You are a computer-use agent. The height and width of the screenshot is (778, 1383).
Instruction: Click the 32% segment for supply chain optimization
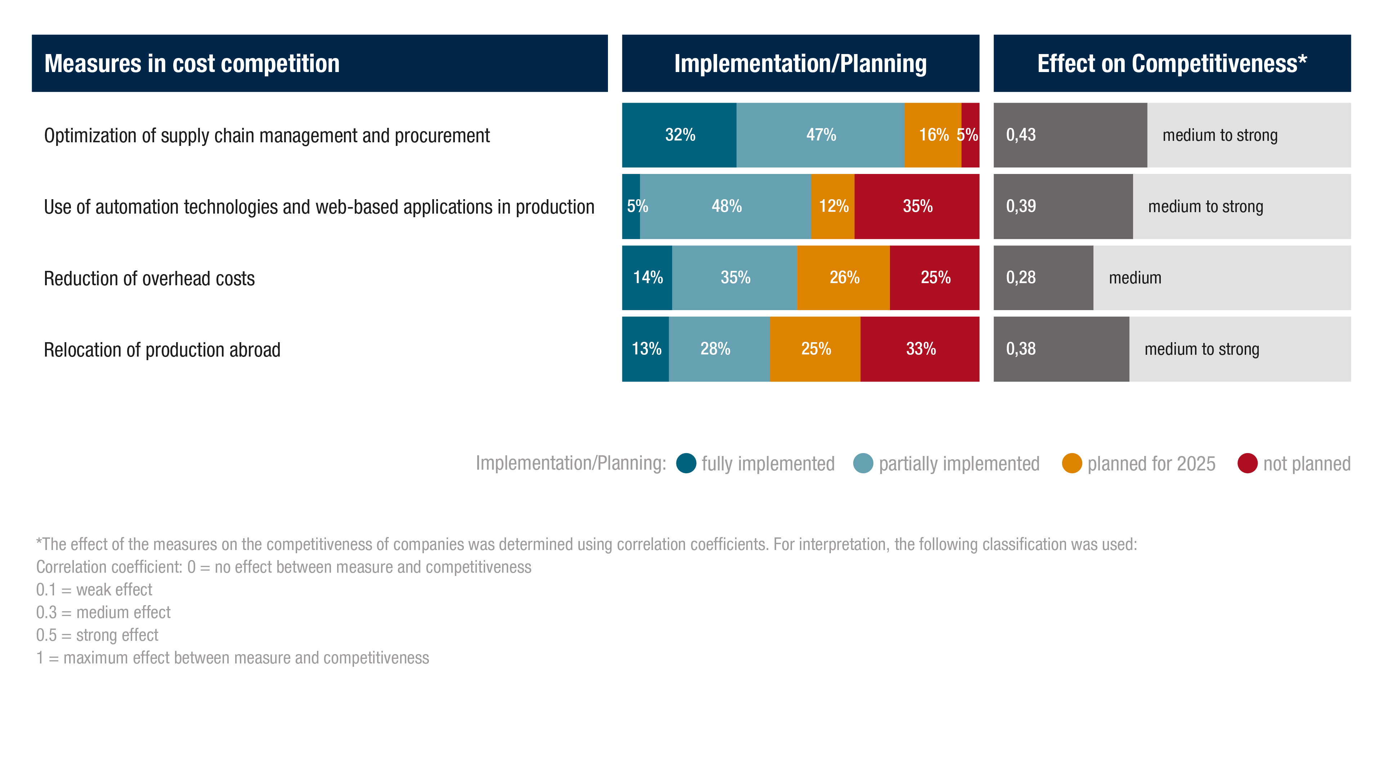pyautogui.click(x=680, y=135)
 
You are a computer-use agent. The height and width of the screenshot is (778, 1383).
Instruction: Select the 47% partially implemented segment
pyautogui.click(x=820, y=135)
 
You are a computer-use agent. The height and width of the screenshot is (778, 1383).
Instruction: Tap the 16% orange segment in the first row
pyautogui.click(x=933, y=135)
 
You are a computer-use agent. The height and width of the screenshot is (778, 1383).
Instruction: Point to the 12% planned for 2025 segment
pyautogui.click(x=833, y=206)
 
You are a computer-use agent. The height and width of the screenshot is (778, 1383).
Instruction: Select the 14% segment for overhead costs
pyautogui.click(x=648, y=278)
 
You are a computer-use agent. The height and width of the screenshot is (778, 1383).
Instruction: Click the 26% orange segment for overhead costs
pyautogui.click(x=844, y=278)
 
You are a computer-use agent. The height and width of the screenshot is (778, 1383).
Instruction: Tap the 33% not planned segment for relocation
pyautogui.click(x=920, y=349)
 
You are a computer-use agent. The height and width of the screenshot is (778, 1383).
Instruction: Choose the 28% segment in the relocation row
pyautogui.click(x=715, y=349)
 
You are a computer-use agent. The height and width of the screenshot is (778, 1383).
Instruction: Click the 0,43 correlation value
pyautogui.click(x=1021, y=135)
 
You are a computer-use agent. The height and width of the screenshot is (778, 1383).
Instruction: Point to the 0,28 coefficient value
pyautogui.click(x=1021, y=278)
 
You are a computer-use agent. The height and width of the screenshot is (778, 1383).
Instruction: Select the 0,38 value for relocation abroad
pyautogui.click(x=1021, y=349)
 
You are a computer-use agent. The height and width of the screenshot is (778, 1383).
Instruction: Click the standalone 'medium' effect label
pyautogui.click(x=1135, y=278)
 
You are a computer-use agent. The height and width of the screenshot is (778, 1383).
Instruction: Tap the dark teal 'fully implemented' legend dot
pyautogui.click(x=686, y=463)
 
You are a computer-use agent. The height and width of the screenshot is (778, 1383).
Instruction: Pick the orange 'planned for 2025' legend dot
pyautogui.click(x=1071, y=463)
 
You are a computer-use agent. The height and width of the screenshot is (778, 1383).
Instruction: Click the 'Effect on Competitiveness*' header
pyautogui.click(x=1172, y=63)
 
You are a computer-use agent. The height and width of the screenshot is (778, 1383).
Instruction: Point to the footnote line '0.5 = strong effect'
pyautogui.click(x=97, y=635)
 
